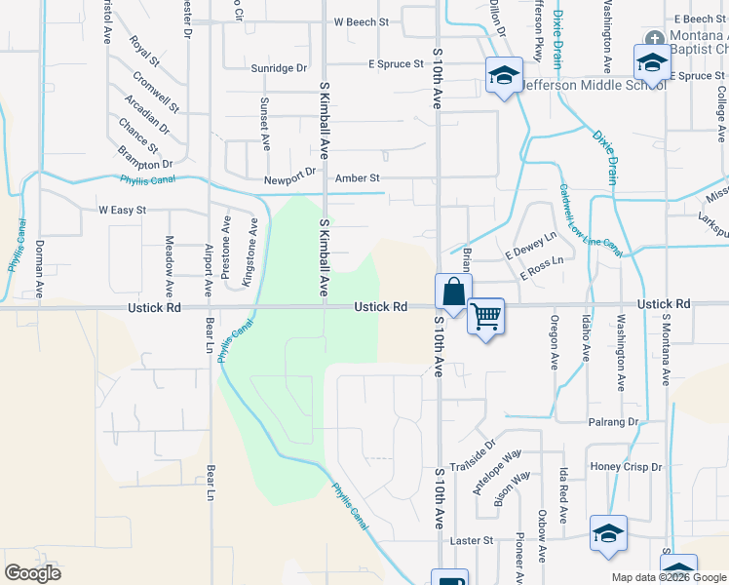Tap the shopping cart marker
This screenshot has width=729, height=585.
[485, 316]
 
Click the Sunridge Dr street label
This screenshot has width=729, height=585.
[279, 68]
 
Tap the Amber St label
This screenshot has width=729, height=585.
[357, 178]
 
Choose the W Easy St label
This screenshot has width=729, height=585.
[122, 210]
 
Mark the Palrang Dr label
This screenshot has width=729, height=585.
[612, 422]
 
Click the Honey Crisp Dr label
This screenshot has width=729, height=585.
[626, 467]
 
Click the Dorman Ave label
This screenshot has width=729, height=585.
[40, 268]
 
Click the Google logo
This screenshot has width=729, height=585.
[32, 572]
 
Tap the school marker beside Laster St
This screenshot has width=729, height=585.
[608, 533]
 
